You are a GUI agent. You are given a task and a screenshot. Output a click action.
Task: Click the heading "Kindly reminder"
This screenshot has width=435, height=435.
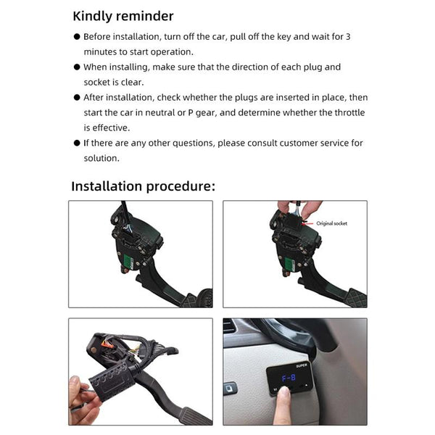click(x=123, y=16)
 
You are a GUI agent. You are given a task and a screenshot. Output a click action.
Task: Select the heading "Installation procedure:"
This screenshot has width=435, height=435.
click(x=143, y=186)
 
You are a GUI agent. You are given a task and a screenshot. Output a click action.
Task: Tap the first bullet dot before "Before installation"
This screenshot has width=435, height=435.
click(x=77, y=36)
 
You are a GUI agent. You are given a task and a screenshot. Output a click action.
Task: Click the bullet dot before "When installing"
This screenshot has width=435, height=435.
click(x=77, y=67)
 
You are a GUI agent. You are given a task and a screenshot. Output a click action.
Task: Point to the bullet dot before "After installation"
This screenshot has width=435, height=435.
click(x=77, y=98)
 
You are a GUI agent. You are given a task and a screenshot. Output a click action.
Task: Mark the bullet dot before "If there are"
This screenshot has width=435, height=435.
click(x=77, y=144)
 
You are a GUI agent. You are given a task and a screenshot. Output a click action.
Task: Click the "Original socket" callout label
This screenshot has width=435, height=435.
click(x=331, y=223)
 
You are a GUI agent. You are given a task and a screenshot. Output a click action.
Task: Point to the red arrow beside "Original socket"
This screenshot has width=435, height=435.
click(x=307, y=223)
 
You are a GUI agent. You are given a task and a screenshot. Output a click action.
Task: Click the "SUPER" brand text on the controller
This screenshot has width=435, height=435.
click(x=302, y=365)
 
